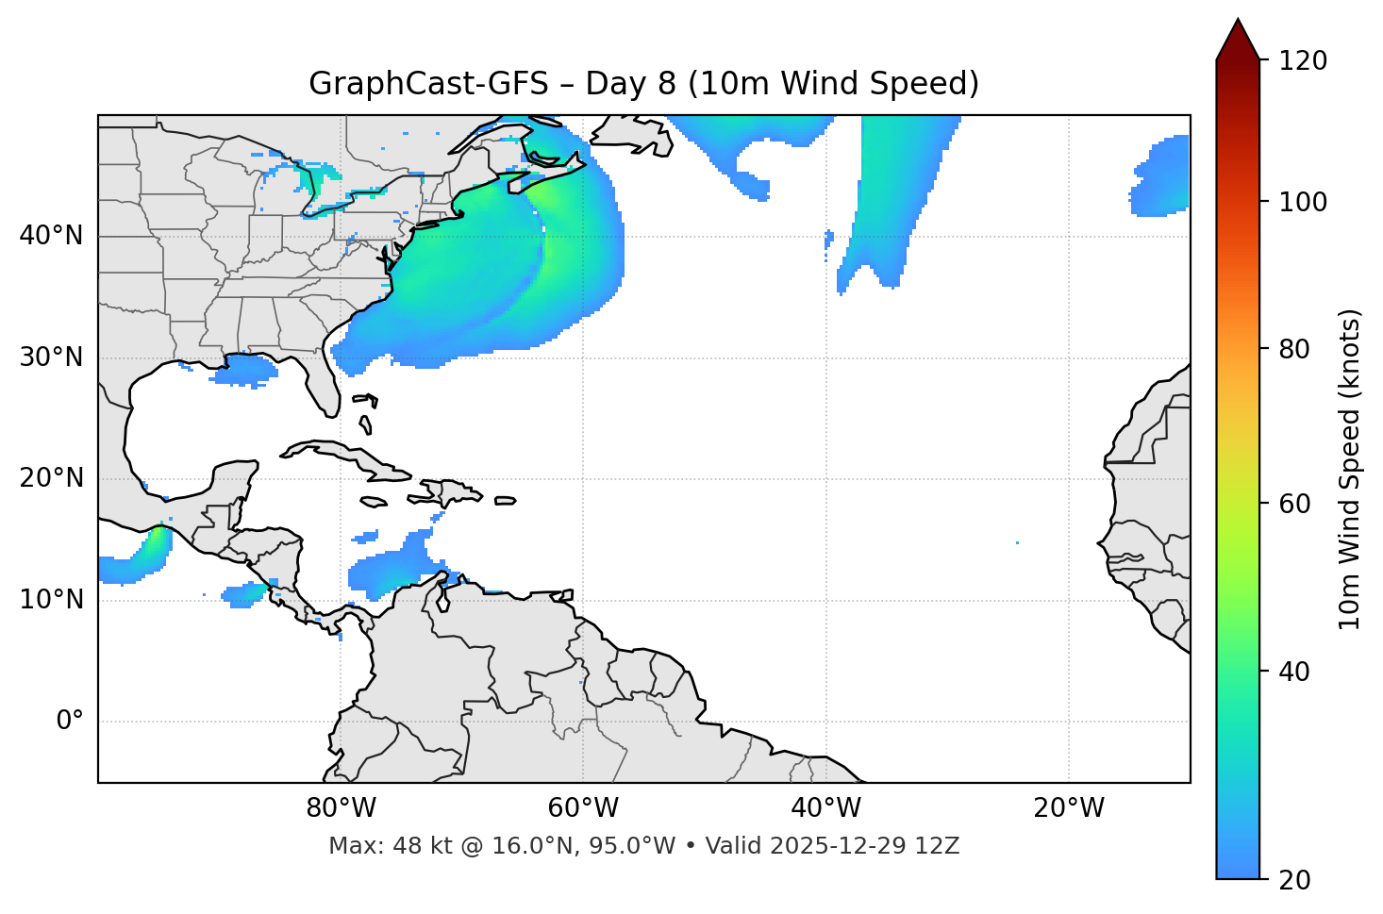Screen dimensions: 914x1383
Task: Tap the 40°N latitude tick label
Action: (x=51, y=235)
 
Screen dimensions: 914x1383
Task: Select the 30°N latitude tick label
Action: (x=51, y=357)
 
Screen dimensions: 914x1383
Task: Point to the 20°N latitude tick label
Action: (x=51, y=478)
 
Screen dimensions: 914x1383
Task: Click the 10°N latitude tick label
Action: (x=51, y=600)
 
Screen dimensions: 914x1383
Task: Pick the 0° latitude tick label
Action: (x=69, y=722)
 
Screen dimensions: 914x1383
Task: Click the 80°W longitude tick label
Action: (x=341, y=808)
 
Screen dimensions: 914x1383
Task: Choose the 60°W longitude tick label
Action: (x=583, y=808)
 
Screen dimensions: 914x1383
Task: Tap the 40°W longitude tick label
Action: (x=825, y=808)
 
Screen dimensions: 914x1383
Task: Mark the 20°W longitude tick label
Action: (x=1069, y=808)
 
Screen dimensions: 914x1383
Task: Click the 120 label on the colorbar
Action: (x=1302, y=60)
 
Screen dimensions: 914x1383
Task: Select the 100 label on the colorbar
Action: (x=1302, y=202)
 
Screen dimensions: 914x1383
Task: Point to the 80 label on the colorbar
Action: (x=1295, y=349)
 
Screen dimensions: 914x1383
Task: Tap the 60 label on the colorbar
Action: (x=1295, y=504)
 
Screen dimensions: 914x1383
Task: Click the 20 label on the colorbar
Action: (x=1295, y=880)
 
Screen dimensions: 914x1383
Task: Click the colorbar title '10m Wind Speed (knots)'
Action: (x=1350, y=469)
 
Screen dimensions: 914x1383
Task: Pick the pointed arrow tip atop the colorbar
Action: (x=1238, y=23)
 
